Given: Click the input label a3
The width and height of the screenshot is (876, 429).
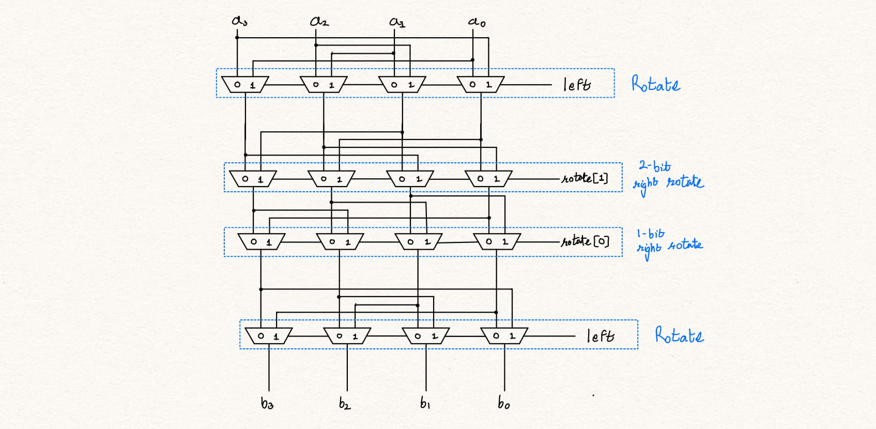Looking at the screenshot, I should pyautogui.click(x=239, y=21).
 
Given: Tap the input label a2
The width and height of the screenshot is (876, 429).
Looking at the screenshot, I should pyautogui.click(x=319, y=21).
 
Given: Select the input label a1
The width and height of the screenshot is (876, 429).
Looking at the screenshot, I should pyautogui.click(x=397, y=22).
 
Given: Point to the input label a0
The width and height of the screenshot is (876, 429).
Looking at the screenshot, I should pyautogui.click(x=477, y=22).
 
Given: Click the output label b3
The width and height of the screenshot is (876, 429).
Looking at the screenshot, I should pyautogui.click(x=267, y=403).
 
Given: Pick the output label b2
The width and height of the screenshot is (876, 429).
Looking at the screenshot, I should pyautogui.click(x=345, y=403).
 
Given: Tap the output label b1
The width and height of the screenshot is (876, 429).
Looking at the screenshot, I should pyautogui.click(x=425, y=403).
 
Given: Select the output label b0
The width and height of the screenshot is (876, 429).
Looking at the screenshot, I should pyautogui.click(x=503, y=403).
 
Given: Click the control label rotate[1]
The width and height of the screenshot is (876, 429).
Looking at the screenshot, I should pyautogui.click(x=585, y=178).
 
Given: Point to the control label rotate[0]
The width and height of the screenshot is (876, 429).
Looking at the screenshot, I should pyautogui.click(x=586, y=241).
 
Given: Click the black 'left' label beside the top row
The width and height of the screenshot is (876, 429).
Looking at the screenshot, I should pyautogui.click(x=577, y=84).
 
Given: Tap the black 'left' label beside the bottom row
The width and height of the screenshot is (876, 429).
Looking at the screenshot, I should pyautogui.click(x=601, y=336).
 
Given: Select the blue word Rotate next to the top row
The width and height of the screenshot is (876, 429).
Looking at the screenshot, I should pyautogui.click(x=655, y=84).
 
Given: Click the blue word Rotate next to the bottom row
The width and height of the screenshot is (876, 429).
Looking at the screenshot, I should pyautogui.click(x=679, y=335).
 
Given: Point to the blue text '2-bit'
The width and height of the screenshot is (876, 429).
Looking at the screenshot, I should pyautogui.click(x=654, y=166).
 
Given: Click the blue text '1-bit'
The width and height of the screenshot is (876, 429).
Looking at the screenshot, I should pyautogui.click(x=650, y=234).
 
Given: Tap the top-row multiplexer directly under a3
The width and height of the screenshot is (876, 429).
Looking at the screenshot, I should pyautogui.click(x=245, y=84).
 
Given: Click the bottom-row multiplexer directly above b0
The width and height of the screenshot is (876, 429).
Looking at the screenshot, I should pyautogui.click(x=504, y=336).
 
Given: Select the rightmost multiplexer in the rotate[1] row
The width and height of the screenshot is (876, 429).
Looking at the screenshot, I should pyautogui.click(x=488, y=179).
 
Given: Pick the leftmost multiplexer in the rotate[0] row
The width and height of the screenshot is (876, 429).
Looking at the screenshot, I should pyautogui.click(x=261, y=241).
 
